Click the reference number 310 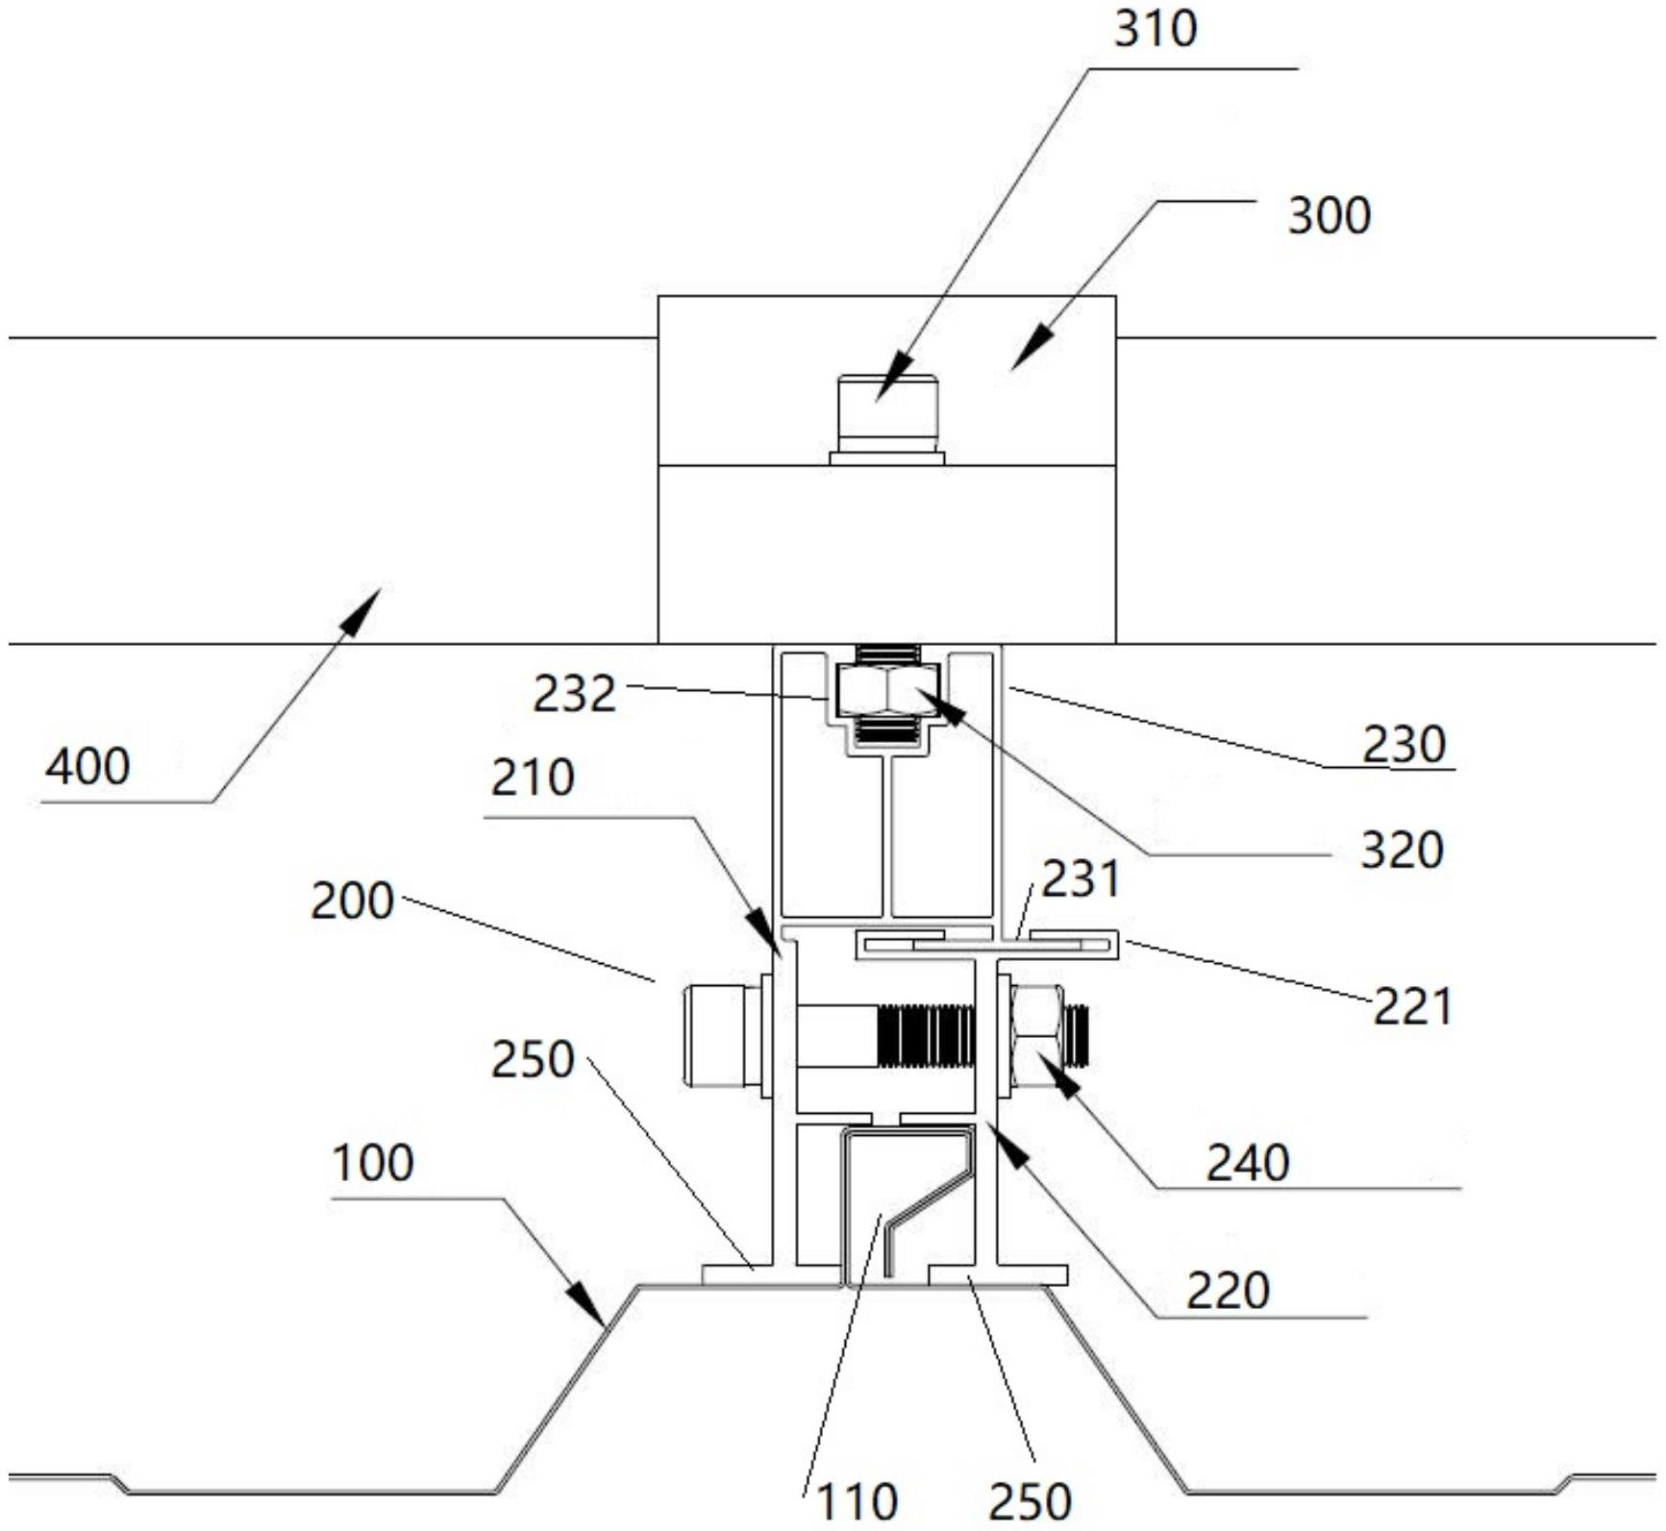[1156, 30]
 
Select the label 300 [1329, 216]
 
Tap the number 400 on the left [87, 768]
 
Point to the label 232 [574, 694]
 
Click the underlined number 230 [1404, 745]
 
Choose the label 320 [1402, 851]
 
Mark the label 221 [1411, 1007]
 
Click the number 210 [533, 778]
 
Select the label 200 [352, 902]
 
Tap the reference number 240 [1248, 1163]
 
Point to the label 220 [1228, 1291]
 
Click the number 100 [373, 1163]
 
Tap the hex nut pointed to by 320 [887, 693]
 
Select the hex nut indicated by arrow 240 [1037, 1041]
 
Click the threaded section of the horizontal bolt [927, 1037]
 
